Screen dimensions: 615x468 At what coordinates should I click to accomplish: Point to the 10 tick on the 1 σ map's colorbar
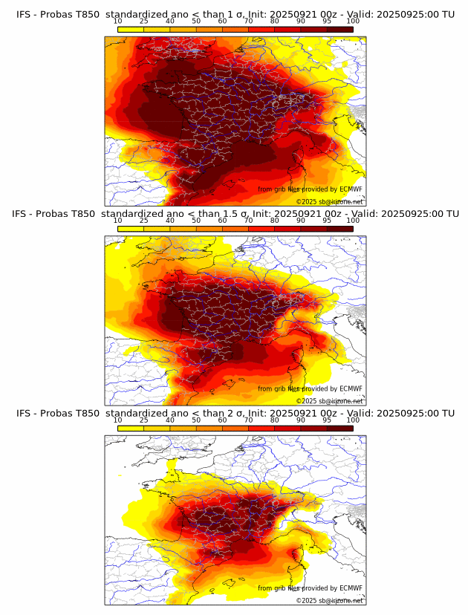click(x=118, y=21)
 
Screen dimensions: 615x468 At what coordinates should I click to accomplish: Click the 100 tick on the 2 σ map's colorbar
click(x=353, y=420)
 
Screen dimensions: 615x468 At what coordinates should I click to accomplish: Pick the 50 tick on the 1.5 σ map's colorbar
click(x=196, y=221)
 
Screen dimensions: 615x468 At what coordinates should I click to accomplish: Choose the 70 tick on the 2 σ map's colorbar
click(x=248, y=420)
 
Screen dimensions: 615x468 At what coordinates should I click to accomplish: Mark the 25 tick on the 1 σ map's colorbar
click(x=143, y=21)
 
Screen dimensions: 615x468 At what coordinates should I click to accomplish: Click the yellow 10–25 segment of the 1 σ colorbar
click(x=131, y=29)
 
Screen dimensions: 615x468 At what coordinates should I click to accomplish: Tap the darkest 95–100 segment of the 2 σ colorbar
click(x=339, y=429)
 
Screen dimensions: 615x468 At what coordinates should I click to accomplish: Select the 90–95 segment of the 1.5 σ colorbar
click(x=313, y=229)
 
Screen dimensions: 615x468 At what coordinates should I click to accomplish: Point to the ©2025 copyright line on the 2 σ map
click(x=330, y=600)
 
